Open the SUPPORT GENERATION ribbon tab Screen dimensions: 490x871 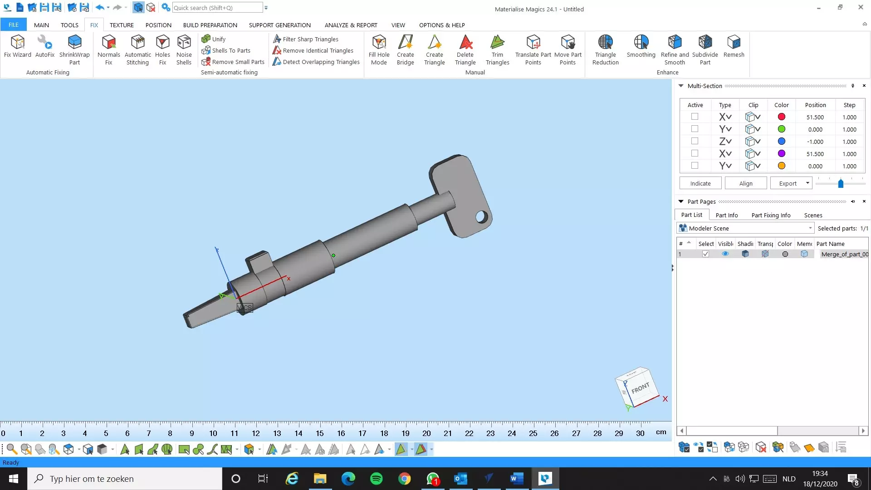click(279, 25)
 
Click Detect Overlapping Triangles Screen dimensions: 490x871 click(316, 62)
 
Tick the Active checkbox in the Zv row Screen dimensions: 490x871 click(695, 141)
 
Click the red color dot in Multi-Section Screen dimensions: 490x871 click(781, 117)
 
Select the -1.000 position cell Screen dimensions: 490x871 click(815, 142)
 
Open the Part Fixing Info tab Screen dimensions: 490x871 click(771, 215)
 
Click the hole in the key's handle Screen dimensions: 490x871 click(481, 216)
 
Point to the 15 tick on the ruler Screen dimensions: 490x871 click(319, 433)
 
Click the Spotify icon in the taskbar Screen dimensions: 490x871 click(376, 479)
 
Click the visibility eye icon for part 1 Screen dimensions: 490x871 click(725, 254)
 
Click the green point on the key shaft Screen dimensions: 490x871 click(333, 255)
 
